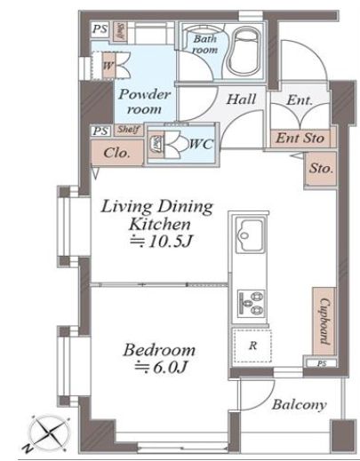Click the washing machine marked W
click(108, 67)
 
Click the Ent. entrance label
click(300, 101)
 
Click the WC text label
click(198, 142)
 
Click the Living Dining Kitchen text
click(157, 215)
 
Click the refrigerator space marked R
click(252, 346)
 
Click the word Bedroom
click(156, 349)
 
